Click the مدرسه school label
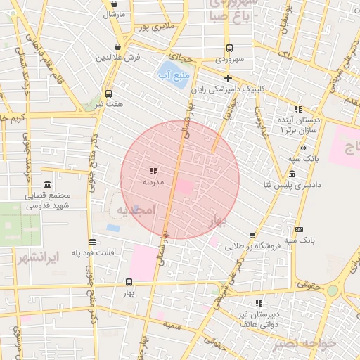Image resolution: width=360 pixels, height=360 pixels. [x=153, y=182]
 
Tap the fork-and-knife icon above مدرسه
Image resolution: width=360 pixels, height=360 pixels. [x=153, y=171]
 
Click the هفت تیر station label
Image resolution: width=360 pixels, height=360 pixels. [x=110, y=104]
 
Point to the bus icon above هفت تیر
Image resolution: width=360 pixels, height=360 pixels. [x=108, y=94]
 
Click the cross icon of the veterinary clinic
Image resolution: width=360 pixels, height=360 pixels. [x=227, y=78]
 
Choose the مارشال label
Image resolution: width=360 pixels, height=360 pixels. [x=114, y=14]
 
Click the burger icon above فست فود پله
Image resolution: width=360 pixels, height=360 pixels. [x=92, y=242]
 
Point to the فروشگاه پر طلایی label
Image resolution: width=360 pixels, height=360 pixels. [x=252, y=246]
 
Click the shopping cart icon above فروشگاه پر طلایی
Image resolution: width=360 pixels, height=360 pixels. [x=252, y=236]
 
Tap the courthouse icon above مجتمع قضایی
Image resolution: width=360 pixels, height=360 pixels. [x=47, y=184]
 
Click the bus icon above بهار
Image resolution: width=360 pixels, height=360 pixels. [x=128, y=282]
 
